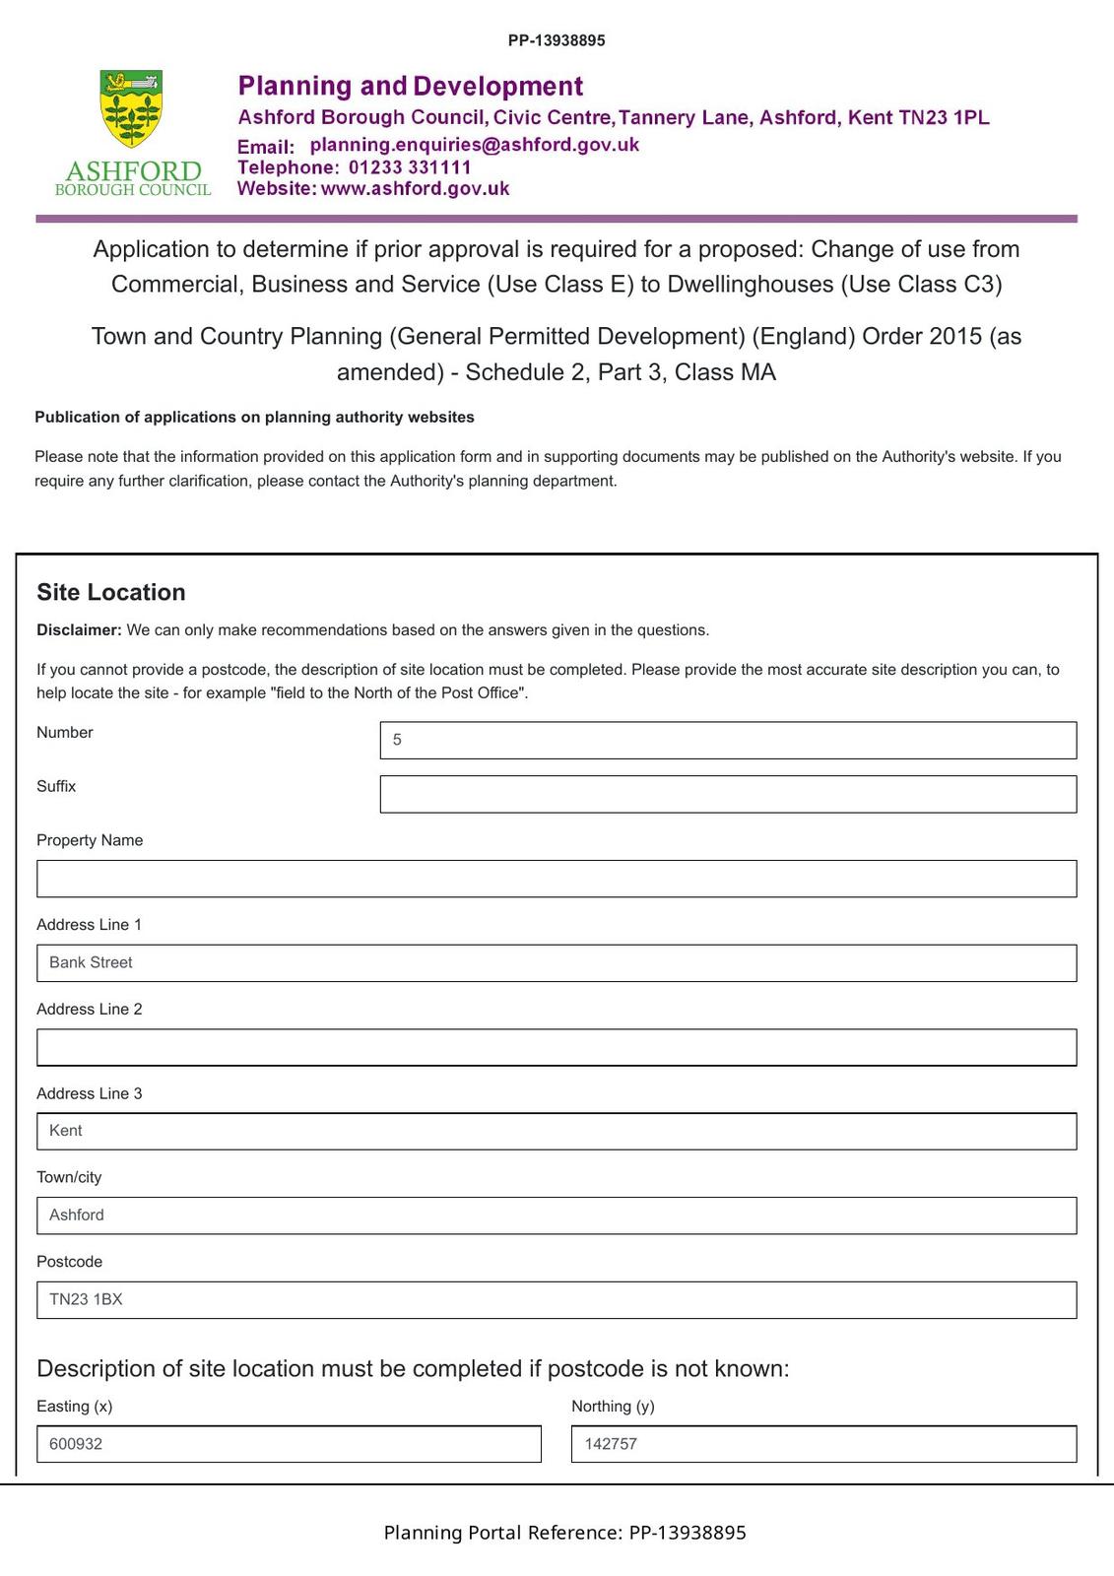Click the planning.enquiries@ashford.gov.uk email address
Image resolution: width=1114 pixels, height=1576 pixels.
pyautogui.click(x=474, y=145)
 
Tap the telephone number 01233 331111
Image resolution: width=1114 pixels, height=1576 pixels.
pyautogui.click(x=410, y=167)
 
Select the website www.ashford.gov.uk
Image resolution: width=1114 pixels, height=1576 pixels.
pyautogui.click(x=415, y=189)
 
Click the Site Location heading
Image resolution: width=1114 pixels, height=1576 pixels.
pyautogui.click(x=111, y=592)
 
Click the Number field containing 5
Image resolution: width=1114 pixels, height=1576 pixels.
pyautogui.click(x=728, y=740)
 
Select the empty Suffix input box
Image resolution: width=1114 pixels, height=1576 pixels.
pyautogui.click(x=728, y=794)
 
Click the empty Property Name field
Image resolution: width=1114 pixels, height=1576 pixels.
pyautogui.click(x=557, y=879)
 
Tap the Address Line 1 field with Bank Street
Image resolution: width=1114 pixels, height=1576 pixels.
pyautogui.click(x=557, y=962)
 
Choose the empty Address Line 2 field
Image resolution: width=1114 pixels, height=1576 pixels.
pyautogui.click(x=557, y=1047)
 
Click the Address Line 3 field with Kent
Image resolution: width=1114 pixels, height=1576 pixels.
pyautogui.click(x=557, y=1131)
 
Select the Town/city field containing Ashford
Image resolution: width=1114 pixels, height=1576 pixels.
pyautogui.click(x=557, y=1215)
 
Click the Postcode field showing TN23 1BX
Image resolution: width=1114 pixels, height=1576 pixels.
pyautogui.click(x=557, y=1299)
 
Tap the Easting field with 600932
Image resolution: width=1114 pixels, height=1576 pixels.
pyautogui.click(x=289, y=1444)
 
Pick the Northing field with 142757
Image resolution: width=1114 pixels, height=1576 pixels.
pyautogui.click(x=823, y=1444)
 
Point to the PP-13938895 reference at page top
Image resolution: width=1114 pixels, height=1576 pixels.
pyautogui.click(x=557, y=40)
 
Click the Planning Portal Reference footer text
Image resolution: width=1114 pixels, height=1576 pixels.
pyautogui.click(x=564, y=1533)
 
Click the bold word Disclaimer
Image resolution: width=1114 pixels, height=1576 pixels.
pyautogui.click(x=79, y=630)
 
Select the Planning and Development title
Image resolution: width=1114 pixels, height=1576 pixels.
pyautogui.click(x=411, y=87)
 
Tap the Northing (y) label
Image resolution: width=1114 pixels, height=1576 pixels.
pyautogui.click(x=613, y=1407)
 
